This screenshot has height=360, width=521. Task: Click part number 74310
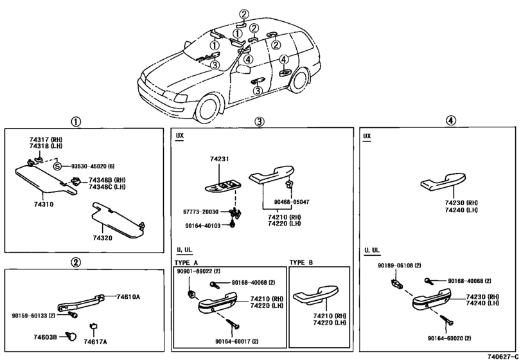click(44, 204)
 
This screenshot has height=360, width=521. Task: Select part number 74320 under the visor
click(102, 238)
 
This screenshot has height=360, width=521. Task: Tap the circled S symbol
click(58, 166)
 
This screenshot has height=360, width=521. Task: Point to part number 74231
click(219, 159)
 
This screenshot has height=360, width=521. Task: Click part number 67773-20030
click(200, 212)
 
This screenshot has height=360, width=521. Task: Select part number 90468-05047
click(292, 202)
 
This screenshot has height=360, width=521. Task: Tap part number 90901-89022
click(193, 271)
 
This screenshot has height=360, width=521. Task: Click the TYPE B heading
click(301, 262)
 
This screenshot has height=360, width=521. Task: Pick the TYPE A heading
click(186, 262)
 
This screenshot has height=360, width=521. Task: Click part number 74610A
click(128, 297)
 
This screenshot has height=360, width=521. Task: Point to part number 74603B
click(45, 337)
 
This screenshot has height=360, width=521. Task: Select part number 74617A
click(95, 342)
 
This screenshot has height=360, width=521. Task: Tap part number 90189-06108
click(395, 265)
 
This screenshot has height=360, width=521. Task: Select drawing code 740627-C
click(503, 357)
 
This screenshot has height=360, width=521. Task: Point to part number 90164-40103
click(203, 226)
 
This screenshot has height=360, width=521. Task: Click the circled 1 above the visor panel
click(76, 122)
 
